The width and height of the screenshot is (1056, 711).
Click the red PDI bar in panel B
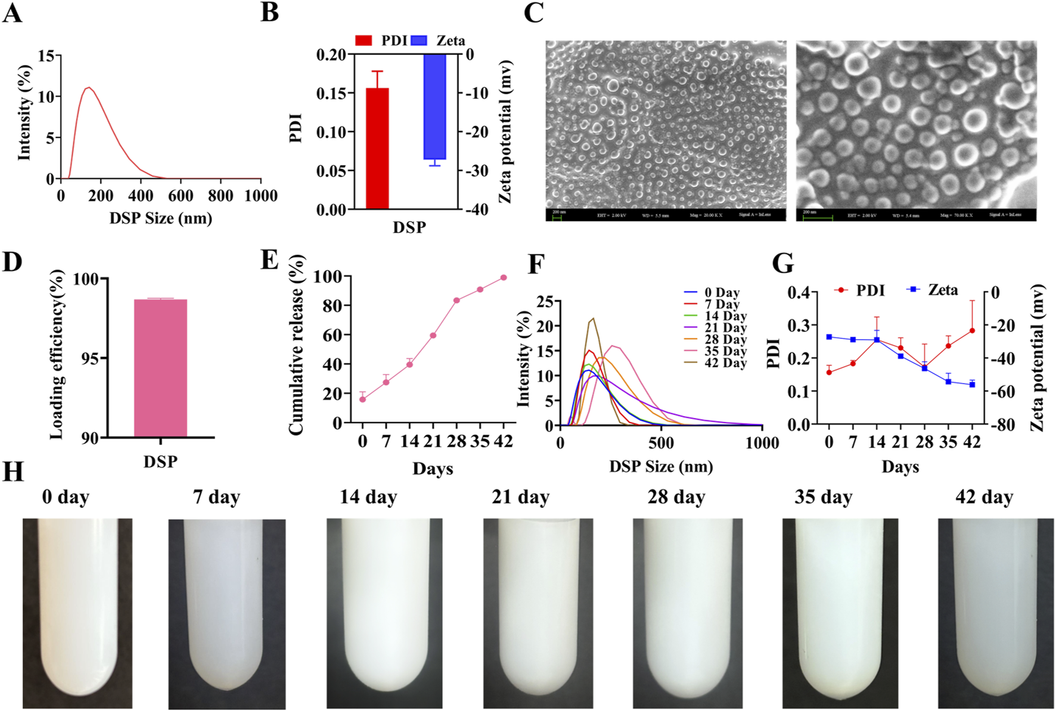[377, 149]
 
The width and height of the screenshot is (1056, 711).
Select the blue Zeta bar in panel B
[434, 107]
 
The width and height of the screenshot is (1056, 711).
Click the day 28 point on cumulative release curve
[457, 300]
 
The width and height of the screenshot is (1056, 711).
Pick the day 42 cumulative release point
[504, 278]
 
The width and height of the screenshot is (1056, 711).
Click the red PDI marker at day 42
[972, 331]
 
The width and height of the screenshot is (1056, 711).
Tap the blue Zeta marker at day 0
[829, 337]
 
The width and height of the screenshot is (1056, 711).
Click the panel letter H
[13, 472]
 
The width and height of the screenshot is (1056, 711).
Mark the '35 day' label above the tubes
[823, 497]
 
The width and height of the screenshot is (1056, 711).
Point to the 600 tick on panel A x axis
[181, 196]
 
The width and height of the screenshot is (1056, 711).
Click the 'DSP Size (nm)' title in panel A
[161, 218]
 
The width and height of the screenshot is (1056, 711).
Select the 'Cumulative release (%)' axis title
[297, 344]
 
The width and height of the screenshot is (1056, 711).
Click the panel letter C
[533, 13]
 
